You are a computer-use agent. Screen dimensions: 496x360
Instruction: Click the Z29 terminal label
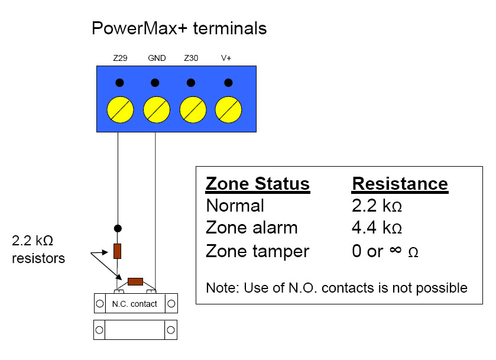(x=120, y=58)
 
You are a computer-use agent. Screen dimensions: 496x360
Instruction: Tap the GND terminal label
(x=157, y=58)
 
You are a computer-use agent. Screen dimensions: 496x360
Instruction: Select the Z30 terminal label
(x=191, y=58)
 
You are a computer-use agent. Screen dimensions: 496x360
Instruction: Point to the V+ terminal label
(x=226, y=58)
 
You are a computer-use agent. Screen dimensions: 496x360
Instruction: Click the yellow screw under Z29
(x=120, y=110)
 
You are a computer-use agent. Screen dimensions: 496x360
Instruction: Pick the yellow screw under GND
(x=157, y=110)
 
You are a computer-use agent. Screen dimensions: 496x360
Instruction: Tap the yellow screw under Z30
(x=193, y=110)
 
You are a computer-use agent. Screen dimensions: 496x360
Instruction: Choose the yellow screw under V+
(x=228, y=110)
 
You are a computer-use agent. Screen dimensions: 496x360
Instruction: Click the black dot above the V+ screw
(x=228, y=83)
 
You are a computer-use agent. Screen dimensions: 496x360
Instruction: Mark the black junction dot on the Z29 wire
(x=118, y=228)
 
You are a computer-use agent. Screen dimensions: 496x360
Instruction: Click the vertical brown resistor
(x=118, y=251)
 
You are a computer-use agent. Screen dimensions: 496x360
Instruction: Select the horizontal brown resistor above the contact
(x=135, y=281)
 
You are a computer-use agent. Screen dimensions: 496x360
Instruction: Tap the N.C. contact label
(x=135, y=304)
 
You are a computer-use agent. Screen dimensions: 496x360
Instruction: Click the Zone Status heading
(x=258, y=184)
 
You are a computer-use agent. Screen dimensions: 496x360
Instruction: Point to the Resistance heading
(x=400, y=184)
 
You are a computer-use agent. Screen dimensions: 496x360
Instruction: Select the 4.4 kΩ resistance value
(x=377, y=228)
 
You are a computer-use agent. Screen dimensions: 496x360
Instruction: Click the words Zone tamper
(x=258, y=252)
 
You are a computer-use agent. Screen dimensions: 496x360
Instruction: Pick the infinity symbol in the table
(x=395, y=250)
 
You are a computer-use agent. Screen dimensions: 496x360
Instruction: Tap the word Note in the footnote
(x=221, y=288)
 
